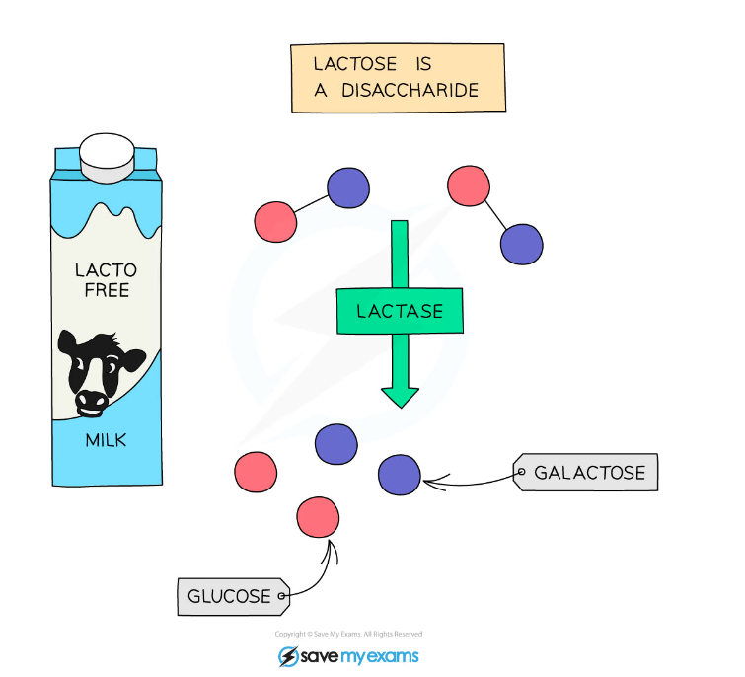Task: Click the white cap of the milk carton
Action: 107,158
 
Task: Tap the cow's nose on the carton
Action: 91,404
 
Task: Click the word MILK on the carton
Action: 106,440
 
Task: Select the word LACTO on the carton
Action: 106,270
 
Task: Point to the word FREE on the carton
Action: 107,290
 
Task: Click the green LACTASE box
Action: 400,311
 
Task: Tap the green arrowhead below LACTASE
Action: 400,397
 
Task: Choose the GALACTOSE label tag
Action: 585,473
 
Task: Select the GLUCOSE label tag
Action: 233,597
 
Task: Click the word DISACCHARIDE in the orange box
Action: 410,90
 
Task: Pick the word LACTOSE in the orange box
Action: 355,64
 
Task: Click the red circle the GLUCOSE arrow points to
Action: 318,517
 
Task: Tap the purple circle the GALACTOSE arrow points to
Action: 400,475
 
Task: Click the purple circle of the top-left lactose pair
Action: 348,188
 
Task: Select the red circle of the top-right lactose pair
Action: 469,186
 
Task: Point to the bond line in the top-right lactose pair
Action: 495,215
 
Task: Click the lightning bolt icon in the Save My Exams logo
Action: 288,657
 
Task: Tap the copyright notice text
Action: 348,634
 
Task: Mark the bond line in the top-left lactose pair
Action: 311,204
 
